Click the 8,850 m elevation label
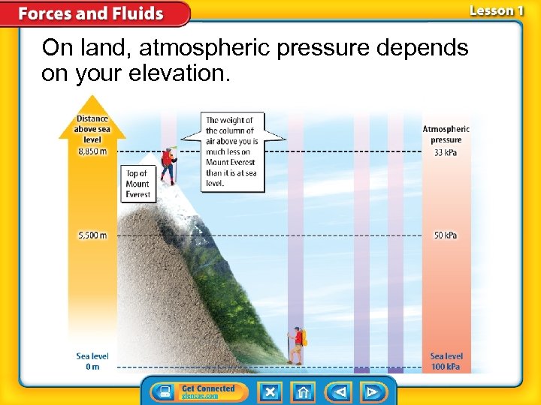click(x=92, y=151)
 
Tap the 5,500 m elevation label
click(x=92, y=235)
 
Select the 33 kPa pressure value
click(x=446, y=153)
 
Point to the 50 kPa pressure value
click(x=446, y=235)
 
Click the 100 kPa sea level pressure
click(x=446, y=367)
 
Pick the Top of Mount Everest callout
click(x=138, y=184)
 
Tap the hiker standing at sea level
click(x=298, y=345)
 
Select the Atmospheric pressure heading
click(x=446, y=134)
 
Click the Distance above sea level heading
click(x=92, y=129)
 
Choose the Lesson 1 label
click(x=496, y=10)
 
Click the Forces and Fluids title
click(x=90, y=13)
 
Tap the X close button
click(x=270, y=392)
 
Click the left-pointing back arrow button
click(x=339, y=392)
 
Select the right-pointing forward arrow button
click(x=371, y=392)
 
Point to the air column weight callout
click(x=232, y=151)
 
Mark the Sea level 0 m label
click(x=92, y=361)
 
